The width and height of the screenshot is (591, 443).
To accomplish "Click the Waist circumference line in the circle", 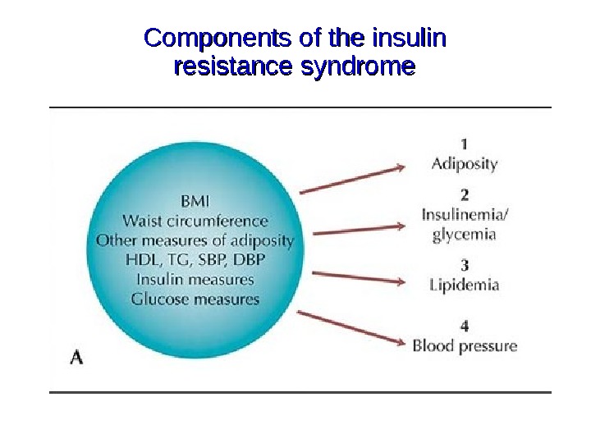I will pyautogui.click(x=195, y=221).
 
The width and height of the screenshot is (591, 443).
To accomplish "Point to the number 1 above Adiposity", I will pyautogui.click(x=465, y=143).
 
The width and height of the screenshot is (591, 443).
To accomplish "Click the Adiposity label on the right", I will pyautogui.click(x=465, y=163).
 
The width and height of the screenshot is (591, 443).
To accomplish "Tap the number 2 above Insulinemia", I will pyautogui.click(x=465, y=195).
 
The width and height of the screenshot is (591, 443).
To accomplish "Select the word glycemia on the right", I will pyautogui.click(x=465, y=235).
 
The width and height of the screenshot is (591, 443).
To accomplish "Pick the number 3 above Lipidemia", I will pyautogui.click(x=465, y=266).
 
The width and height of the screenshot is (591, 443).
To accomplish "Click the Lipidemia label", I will pyautogui.click(x=465, y=285).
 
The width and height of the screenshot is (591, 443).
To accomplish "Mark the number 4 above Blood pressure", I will pyautogui.click(x=465, y=326).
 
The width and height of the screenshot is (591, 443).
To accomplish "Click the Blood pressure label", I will pyautogui.click(x=465, y=346).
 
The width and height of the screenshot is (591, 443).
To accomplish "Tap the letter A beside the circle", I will pyautogui.click(x=76, y=358).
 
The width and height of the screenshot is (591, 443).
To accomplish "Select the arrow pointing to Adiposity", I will pyautogui.click(x=353, y=180).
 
